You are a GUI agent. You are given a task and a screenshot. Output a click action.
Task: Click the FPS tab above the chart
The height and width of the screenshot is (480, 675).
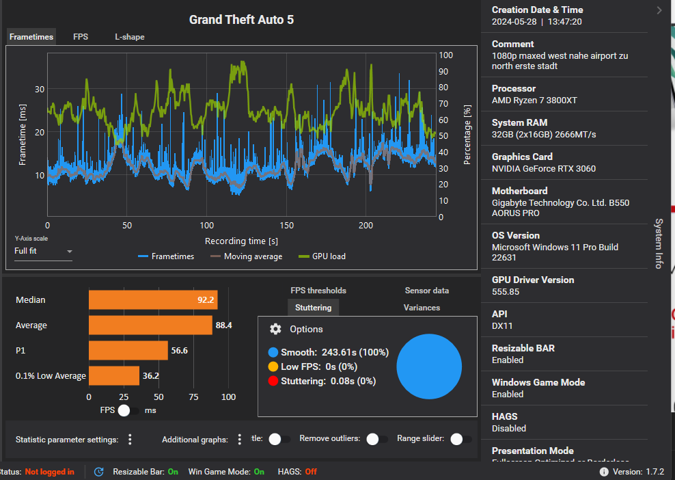[x=81, y=37]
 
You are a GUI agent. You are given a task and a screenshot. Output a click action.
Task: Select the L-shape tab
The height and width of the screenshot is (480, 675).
[x=129, y=37]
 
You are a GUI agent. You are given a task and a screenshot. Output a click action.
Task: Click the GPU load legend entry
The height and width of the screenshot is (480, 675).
[x=322, y=256]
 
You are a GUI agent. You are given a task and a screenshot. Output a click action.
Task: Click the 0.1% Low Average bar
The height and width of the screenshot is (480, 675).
[x=114, y=375]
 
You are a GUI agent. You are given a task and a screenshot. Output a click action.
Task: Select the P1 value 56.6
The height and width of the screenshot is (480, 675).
[x=180, y=350]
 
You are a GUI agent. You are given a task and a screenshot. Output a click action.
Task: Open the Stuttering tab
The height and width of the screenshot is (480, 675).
[x=313, y=308]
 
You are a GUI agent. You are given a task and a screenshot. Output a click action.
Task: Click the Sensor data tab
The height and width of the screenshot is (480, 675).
[x=426, y=291]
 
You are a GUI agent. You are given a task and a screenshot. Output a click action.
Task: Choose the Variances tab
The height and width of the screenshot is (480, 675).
[x=422, y=308]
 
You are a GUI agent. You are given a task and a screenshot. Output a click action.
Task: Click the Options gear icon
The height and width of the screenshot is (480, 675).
[x=275, y=329]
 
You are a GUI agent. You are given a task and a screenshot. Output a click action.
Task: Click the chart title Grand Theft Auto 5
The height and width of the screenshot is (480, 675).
[x=241, y=20]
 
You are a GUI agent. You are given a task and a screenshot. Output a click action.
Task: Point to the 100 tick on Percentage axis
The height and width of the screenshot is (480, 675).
[x=445, y=55]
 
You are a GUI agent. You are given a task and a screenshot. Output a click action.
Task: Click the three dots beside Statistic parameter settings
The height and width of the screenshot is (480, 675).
[x=130, y=440]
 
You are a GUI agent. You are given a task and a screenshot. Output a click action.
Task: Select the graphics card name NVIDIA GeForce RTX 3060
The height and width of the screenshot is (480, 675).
[x=544, y=168]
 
